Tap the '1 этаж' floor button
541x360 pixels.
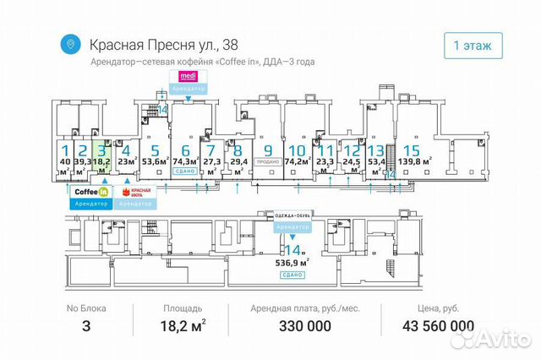click(473, 45)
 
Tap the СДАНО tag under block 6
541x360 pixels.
click(184, 171)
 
